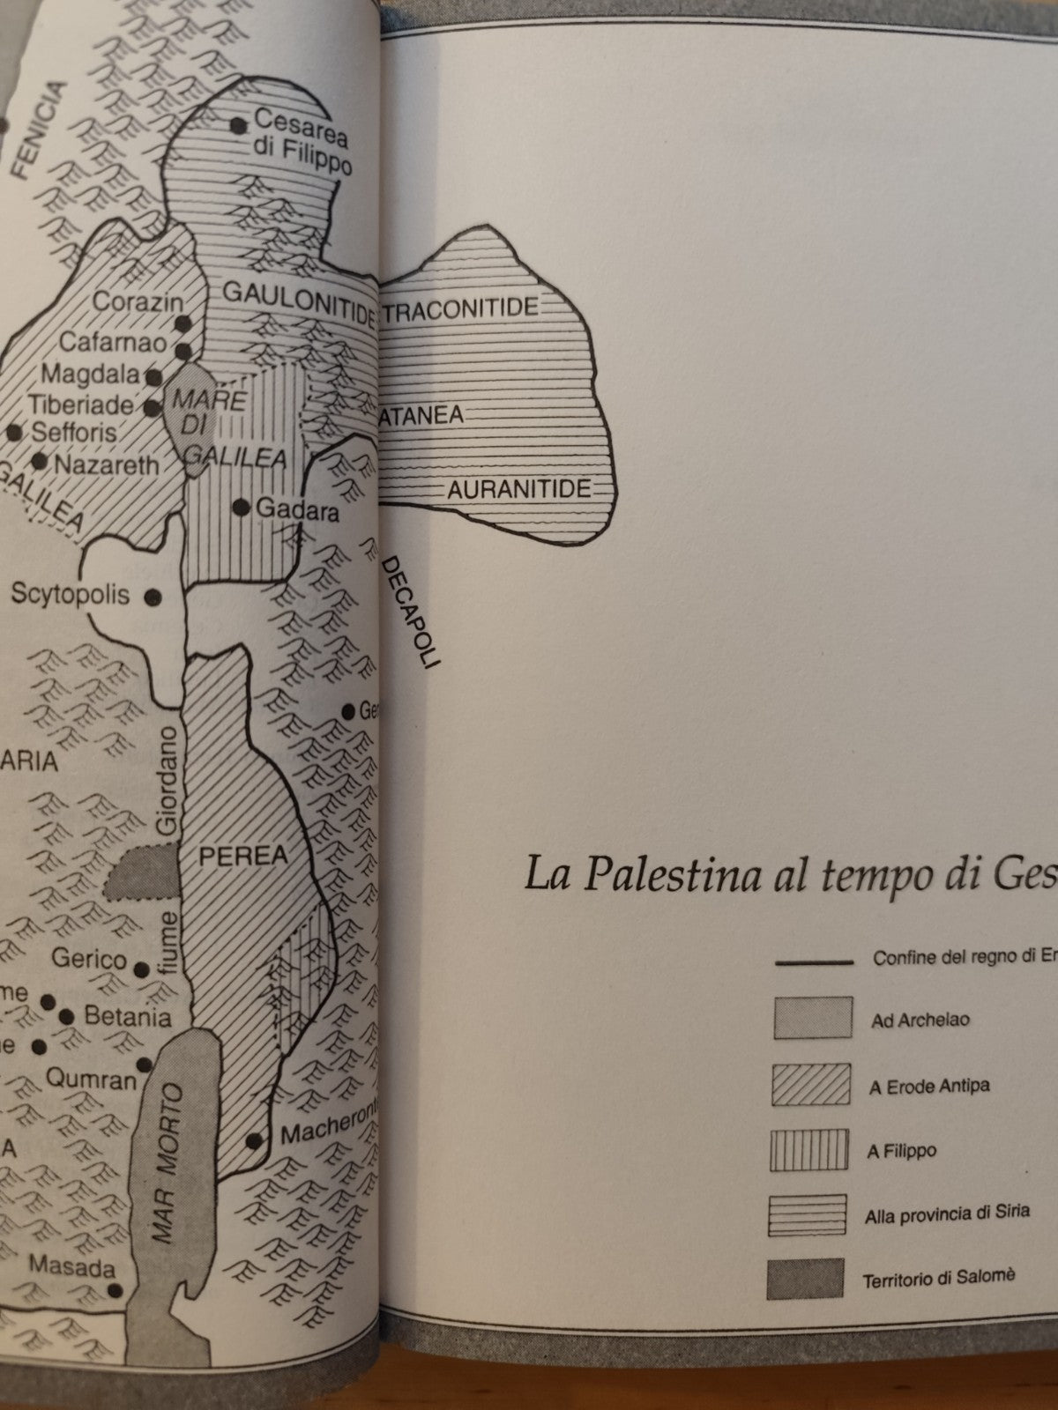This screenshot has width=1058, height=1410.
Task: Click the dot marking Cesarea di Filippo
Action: [x=237, y=125]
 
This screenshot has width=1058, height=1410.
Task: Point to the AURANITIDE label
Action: [x=518, y=490]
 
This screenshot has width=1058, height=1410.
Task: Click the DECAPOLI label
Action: [x=411, y=613]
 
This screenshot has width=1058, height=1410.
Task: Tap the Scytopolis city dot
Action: [x=153, y=597]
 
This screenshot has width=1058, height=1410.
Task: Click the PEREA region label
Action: [x=231, y=855]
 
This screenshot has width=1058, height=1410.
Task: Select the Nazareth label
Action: [x=107, y=465]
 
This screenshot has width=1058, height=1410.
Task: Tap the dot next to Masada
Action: [x=115, y=1289]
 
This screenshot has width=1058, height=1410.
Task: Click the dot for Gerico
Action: [x=142, y=969]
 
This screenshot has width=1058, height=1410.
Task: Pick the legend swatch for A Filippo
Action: [x=808, y=1150]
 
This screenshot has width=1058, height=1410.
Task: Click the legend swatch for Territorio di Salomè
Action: [x=806, y=1279]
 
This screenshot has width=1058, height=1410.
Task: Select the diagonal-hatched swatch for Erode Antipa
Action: [x=811, y=1085]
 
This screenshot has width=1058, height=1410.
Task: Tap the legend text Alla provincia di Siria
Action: [x=947, y=1214]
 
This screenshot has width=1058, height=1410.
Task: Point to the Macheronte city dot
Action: [x=254, y=1140]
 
